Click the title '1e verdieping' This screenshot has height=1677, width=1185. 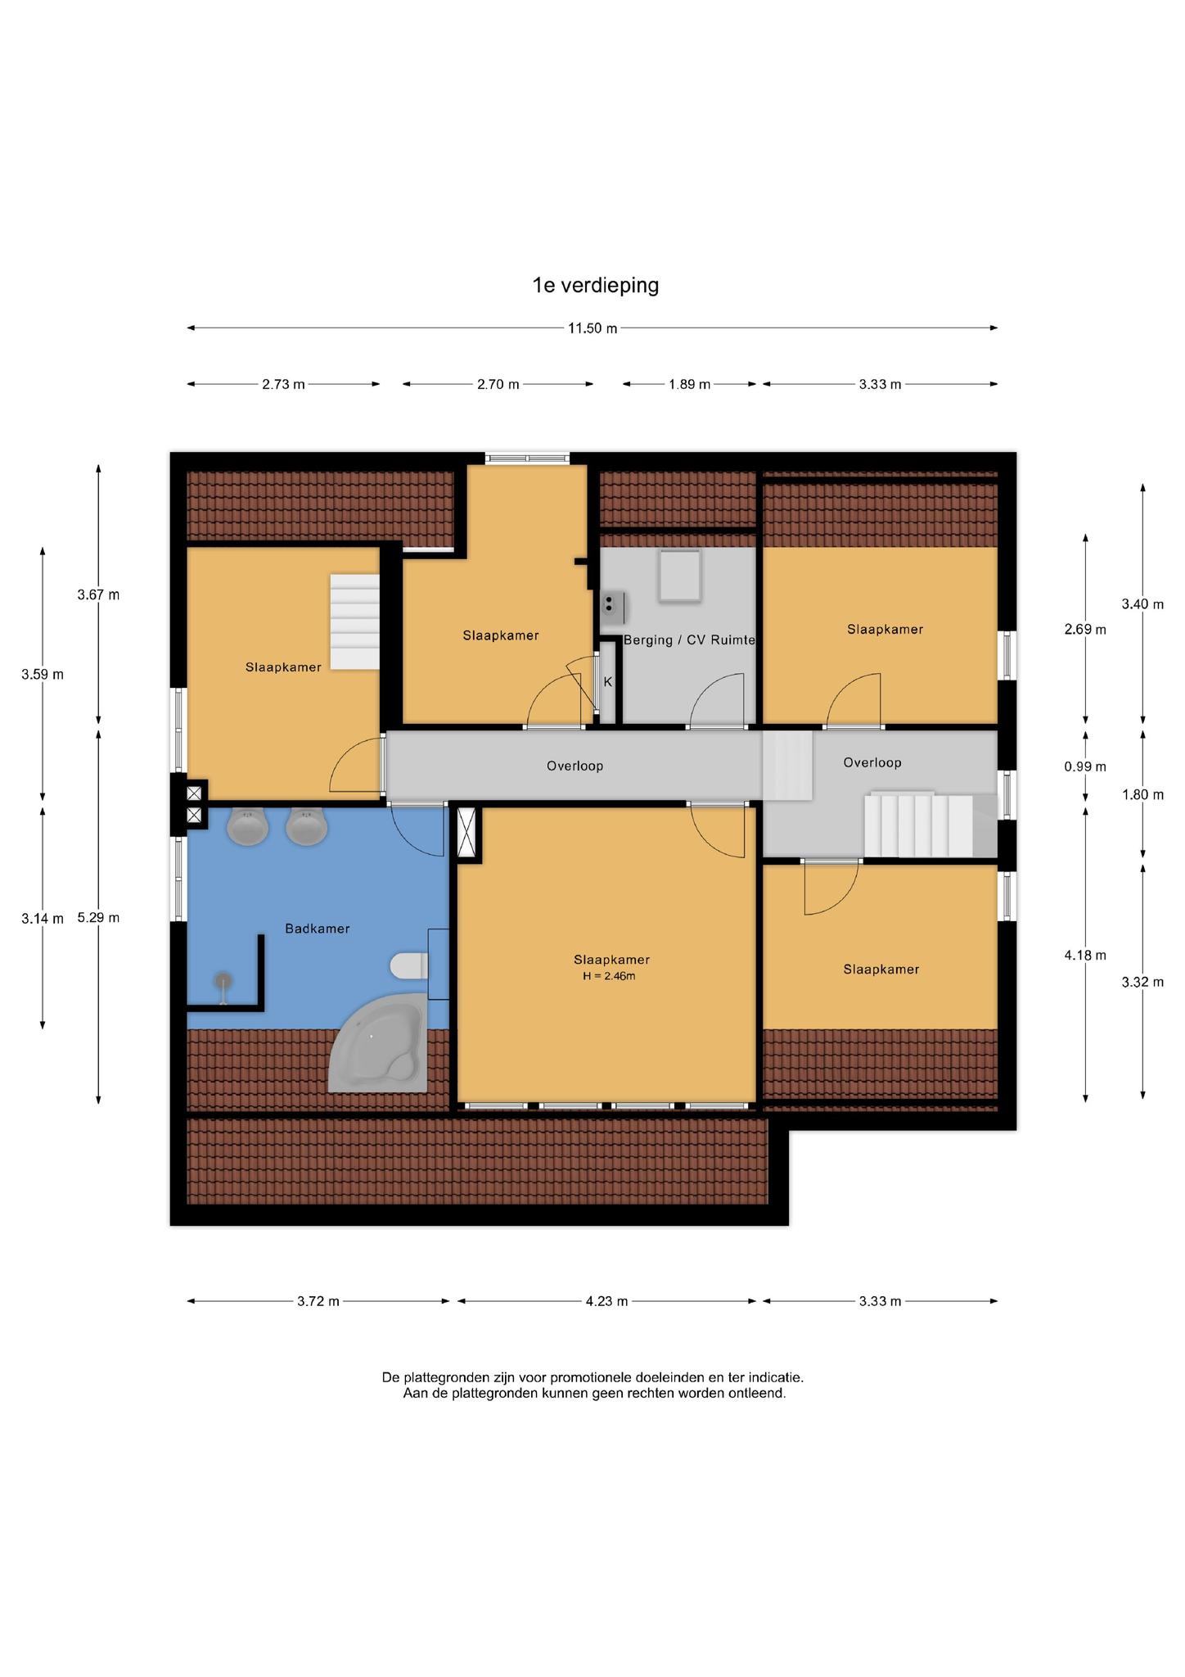pyautogui.click(x=595, y=285)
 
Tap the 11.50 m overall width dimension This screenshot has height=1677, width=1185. pyautogui.click(x=592, y=328)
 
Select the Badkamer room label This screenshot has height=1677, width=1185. pyautogui.click(x=318, y=929)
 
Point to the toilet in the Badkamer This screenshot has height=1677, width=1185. pyautogui.click(x=409, y=966)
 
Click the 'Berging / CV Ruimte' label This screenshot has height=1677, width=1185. pyautogui.click(x=689, y=640)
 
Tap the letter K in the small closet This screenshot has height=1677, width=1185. pyautogui.click(x=608, y=681)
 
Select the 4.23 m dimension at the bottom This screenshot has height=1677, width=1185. pyautogui.click(x=606, y=1301)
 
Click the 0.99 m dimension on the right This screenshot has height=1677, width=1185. pyautogui.click(x=1085, y=766)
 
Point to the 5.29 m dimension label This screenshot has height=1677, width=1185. pyautogui.click(x=98, y=917)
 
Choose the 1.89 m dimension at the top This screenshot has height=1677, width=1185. pyautogui.click(x=689, y=384)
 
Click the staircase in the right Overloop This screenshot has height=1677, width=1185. pyautogui.click(x=931, y=825)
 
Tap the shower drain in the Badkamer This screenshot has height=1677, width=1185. pyautogui.click(x=223, y=979)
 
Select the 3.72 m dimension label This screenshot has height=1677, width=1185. pyautogui.click(x=318, y=1301)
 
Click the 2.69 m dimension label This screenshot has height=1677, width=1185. pyautogui.click(x=1085, y=629)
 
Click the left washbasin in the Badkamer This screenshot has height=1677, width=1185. pyautogui.click(x=247, y=826)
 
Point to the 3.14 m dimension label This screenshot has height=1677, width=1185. pyautogui.click(x=43, y=919)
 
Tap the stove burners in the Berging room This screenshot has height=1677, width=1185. pyautogui.click(x=609, y=604)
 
